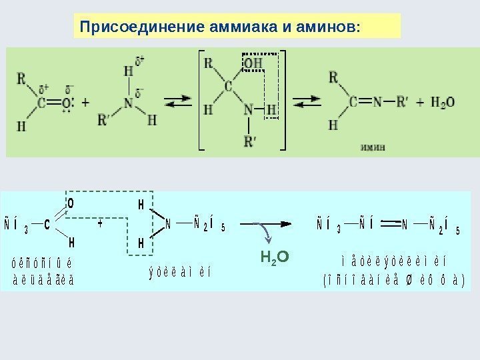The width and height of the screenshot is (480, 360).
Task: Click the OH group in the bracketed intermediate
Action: [253, 63]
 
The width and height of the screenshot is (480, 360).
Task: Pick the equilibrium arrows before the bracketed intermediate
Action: [179, 103]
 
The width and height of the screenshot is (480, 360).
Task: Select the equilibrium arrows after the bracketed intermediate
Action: [307, 103]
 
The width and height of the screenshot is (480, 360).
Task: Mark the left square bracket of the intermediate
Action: [201, 100]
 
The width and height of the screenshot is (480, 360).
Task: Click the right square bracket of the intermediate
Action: [283, 100]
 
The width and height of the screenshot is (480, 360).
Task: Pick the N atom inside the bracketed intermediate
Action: [248, 108]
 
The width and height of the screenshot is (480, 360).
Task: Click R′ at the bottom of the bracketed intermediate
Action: [249, 141]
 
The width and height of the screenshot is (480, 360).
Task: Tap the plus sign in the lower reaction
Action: [101, 225]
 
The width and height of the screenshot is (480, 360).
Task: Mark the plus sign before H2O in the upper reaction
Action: [419, 103]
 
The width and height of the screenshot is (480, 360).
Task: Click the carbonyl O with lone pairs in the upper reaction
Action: [67, 103]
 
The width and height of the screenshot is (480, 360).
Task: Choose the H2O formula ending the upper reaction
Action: [443, 103]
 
